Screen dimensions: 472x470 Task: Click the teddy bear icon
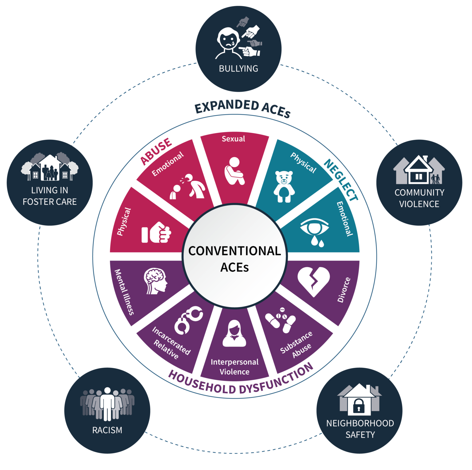click(x=284, y=187)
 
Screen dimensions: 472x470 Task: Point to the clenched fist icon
click(x=156, y=232)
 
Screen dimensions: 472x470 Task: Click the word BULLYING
click(x=238, y=69)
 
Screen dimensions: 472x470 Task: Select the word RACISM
click(x=107, y=430)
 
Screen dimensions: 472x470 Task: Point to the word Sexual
click(x=234, y=139)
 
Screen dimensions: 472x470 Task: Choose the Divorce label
click(x=344, y=290)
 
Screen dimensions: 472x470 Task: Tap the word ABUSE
click(x=156, y=151)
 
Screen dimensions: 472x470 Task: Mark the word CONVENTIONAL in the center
click(x=234, y=251)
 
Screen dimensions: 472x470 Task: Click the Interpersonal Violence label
click(x=234, y=367)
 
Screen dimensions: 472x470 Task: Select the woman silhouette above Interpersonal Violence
click(x=234, y=333)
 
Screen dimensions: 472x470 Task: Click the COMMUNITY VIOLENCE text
click(x=419, y=198)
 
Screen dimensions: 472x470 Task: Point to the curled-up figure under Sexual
click(x=234, y=171)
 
